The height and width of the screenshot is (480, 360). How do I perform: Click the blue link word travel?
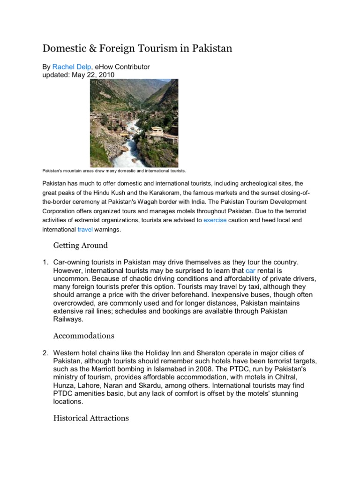pyautogui.click(x=85, y=230)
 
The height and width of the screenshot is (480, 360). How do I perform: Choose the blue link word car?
pyautogui.click(x=250, y=270)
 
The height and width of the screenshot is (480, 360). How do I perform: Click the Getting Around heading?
pyautogui.click(x=80, y=245)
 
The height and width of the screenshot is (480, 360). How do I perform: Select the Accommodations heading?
pyautogui.click(x=83, y=336)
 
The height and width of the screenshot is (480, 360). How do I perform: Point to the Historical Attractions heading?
pyautogui.click(x=91, y=417)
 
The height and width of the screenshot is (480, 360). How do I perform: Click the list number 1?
pyautogui.click(x=45, y=262)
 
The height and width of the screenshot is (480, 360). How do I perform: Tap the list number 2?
pyautogui.click(x=45, y=352)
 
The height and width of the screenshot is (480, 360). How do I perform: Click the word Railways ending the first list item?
pyautogui.click(x=68, y=319)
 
